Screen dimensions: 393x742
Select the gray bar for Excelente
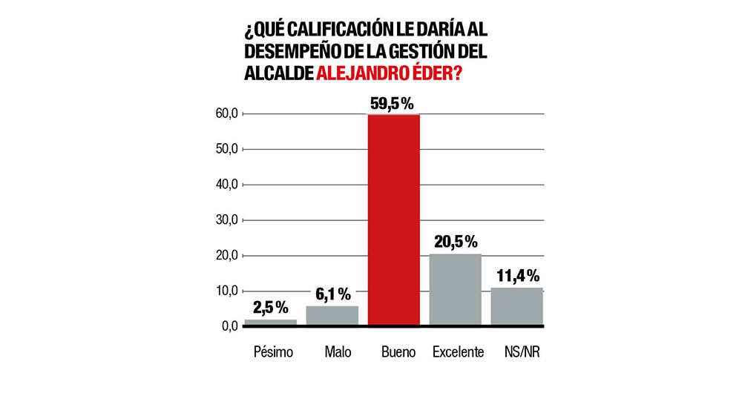click(456, 289)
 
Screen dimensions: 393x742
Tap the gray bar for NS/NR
click(517, 306)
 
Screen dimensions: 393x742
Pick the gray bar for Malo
click(332, 315)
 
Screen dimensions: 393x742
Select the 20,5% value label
click(455, 242)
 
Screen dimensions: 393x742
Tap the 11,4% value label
click(516, 277)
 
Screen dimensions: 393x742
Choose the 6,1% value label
click(332, 294)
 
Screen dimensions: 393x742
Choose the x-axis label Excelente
click(458, 351)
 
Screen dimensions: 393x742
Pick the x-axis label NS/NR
click(519, 351)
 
